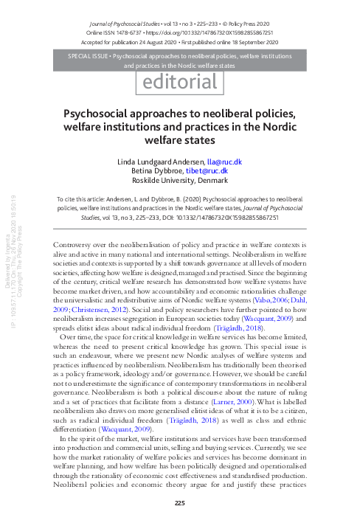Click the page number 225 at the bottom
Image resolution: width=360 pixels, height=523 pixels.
pos(179,504)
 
